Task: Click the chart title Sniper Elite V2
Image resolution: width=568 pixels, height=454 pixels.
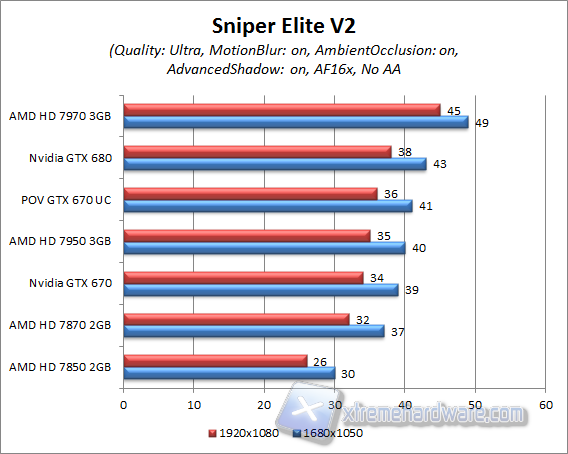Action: (x=283, y=22)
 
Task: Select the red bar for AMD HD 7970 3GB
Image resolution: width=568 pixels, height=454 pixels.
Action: (x=281, y=109)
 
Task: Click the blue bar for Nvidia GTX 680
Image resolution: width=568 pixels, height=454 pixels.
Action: (x=274, y=163)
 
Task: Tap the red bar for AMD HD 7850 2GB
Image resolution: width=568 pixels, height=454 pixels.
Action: (x=214, y=360)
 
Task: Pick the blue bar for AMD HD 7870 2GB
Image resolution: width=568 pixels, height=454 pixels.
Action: (x=253, y=330)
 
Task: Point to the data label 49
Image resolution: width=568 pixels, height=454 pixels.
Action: (x=482, y=122)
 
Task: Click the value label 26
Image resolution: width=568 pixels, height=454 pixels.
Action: (x=320, y=360)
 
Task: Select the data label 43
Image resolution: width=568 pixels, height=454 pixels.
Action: (x=439, y=163)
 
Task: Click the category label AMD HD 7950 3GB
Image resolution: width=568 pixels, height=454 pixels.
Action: (x=62, y=241)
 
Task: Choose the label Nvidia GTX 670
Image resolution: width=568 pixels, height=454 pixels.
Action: (x=70, y=283)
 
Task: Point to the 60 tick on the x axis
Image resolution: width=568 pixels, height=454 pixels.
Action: (x=545, y=405)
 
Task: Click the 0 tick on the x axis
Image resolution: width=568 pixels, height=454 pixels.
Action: (x=123, y=405)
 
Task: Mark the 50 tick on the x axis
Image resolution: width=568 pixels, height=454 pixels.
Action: (x=475, y=405)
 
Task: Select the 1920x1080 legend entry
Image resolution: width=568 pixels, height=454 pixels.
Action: (x=245, y=433)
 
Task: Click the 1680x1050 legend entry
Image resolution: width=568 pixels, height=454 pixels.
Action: (x=326, y=433)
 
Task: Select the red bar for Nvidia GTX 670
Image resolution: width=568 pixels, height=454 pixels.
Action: (x=242, y=277)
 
